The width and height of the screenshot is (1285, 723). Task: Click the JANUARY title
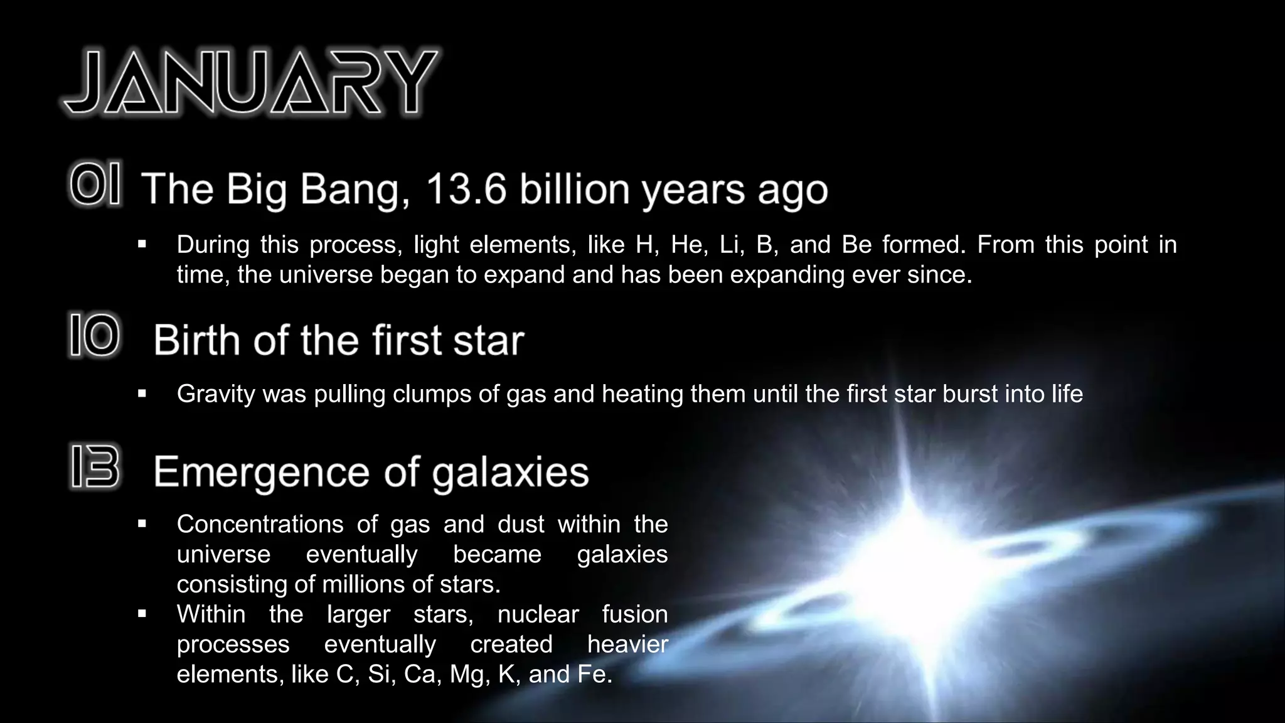point(251,83)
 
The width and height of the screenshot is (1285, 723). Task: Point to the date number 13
point(95,467)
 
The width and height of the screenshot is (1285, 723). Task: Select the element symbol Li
point(730,244)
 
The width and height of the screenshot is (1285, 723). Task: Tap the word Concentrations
point(260,524)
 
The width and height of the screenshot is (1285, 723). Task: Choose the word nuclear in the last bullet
point(538,614)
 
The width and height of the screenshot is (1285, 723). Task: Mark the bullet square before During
point(142,244)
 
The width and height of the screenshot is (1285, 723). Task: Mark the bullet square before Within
point(142,614)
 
